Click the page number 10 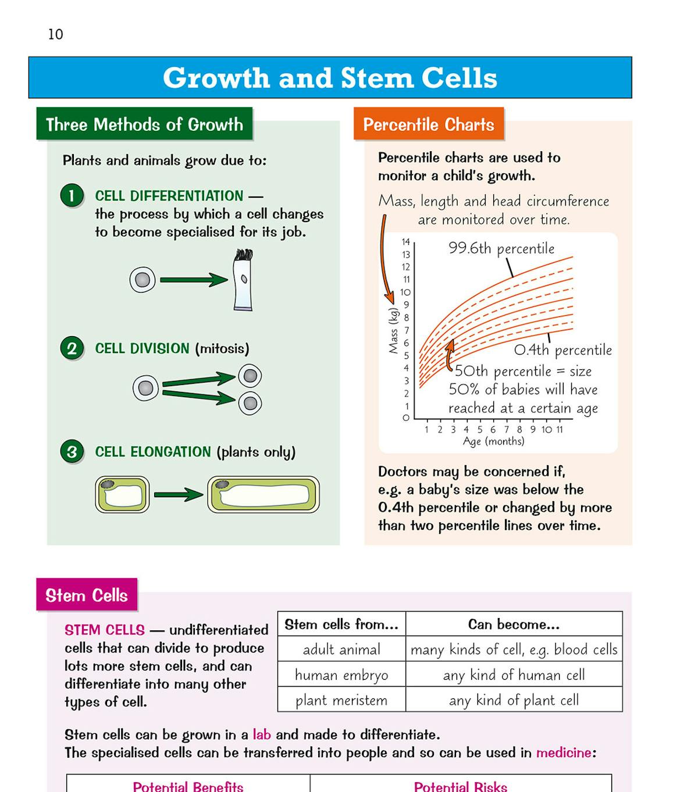pos(56,34)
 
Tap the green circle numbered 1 pos(72,195)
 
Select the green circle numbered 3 pos(72,452)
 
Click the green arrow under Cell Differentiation pos(193,280)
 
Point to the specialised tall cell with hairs pos(243,280)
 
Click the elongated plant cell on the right pos(263,495)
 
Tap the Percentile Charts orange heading pos(429,124)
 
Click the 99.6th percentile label pos(501,248)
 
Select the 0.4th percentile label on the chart pos(563,350)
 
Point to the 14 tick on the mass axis pos(405,242)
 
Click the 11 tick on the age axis pos(560,430)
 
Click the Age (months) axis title pos(493,441)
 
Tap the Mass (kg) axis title pos(394,330)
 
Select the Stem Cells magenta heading pos(87,595)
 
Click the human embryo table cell pos(341,675)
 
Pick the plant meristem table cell pos(341,700)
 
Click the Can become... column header pos(514,625)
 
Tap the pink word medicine pos(563,752)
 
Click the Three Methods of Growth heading pos(144,124)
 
